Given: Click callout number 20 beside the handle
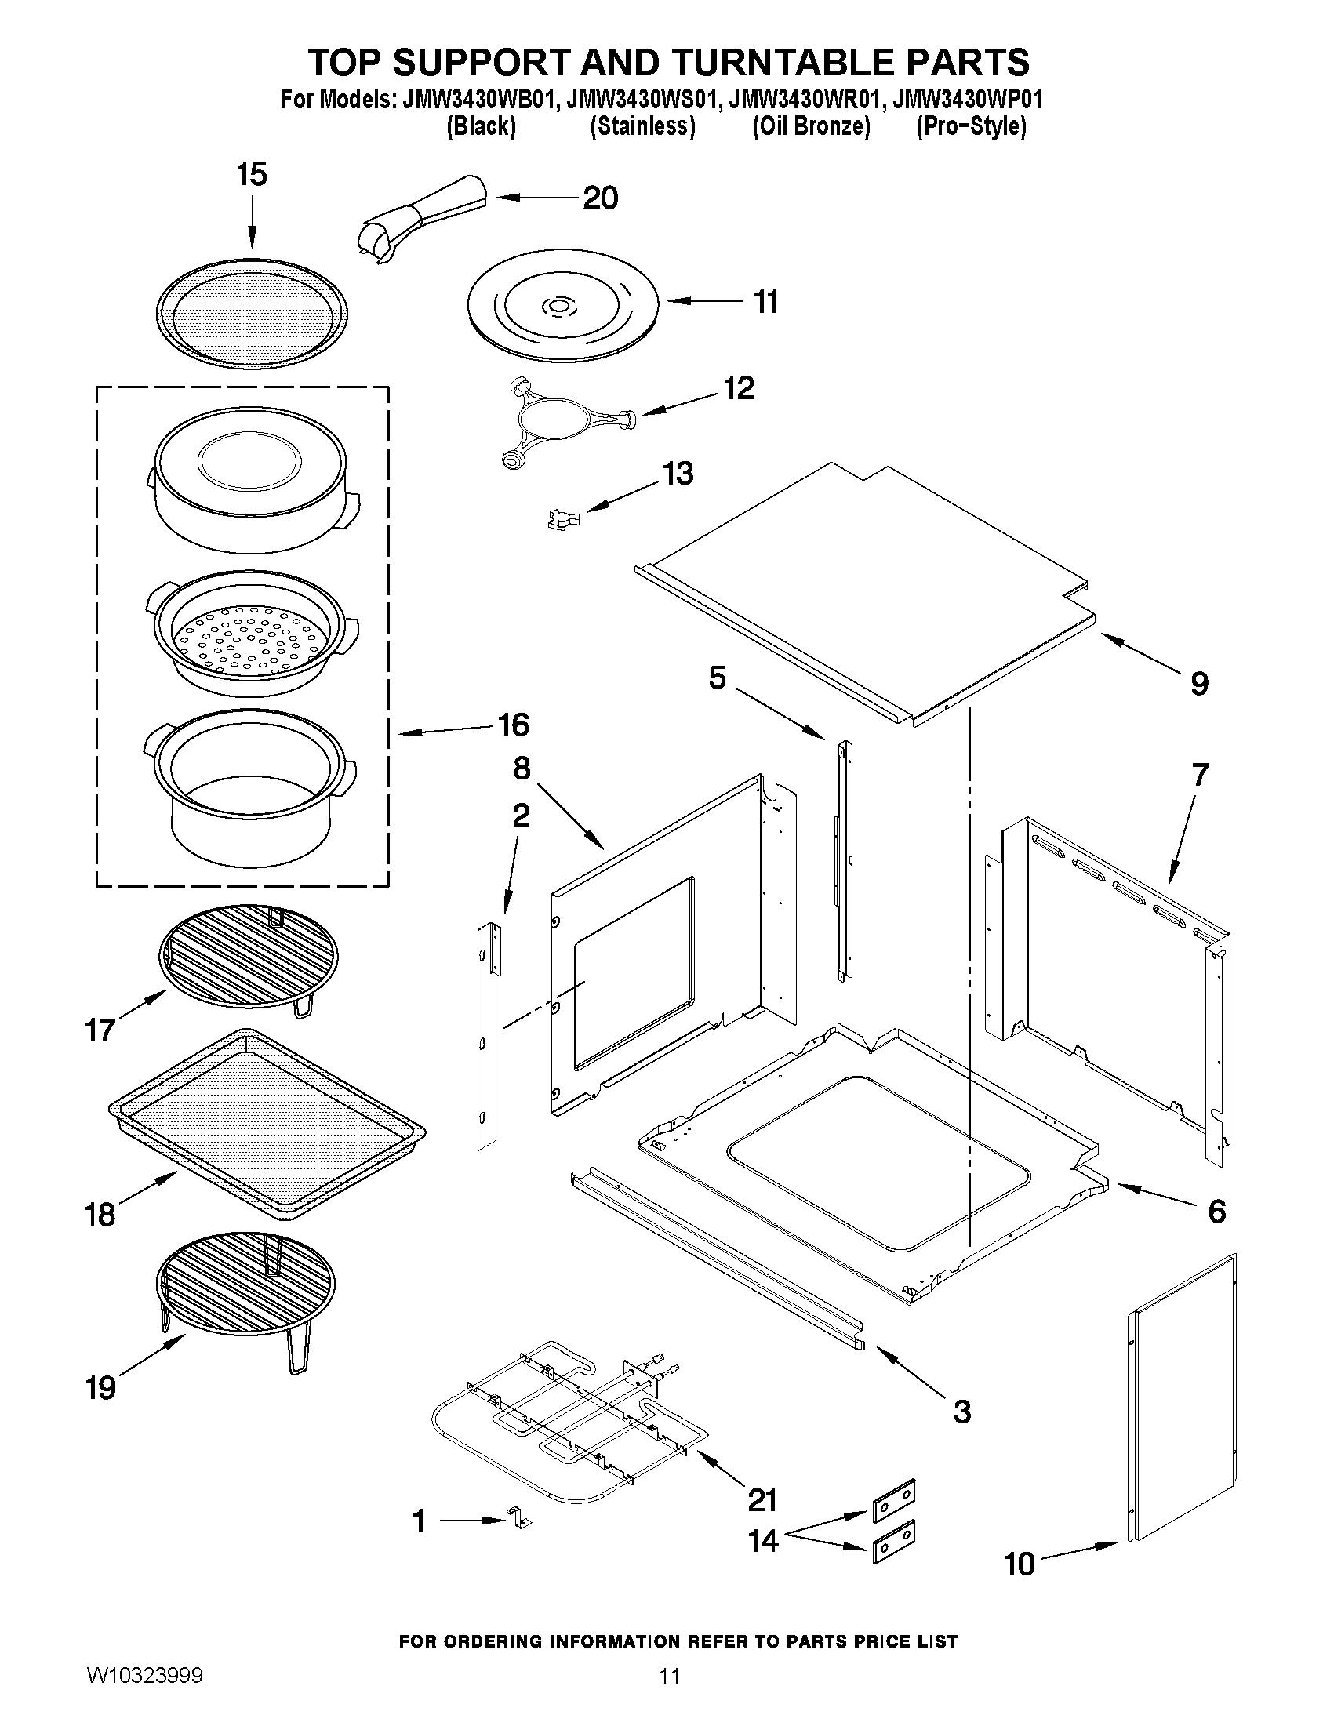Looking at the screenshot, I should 600,198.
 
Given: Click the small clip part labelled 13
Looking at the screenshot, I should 562,518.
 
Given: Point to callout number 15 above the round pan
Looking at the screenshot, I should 252,175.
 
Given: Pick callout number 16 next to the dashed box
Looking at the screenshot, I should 513,725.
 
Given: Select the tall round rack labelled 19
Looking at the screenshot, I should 245,1295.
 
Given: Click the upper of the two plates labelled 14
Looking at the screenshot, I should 893,1501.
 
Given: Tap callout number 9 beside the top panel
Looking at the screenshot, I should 1199,683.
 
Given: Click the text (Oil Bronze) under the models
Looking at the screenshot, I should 811,126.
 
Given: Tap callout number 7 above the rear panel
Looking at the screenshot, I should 1200,776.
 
